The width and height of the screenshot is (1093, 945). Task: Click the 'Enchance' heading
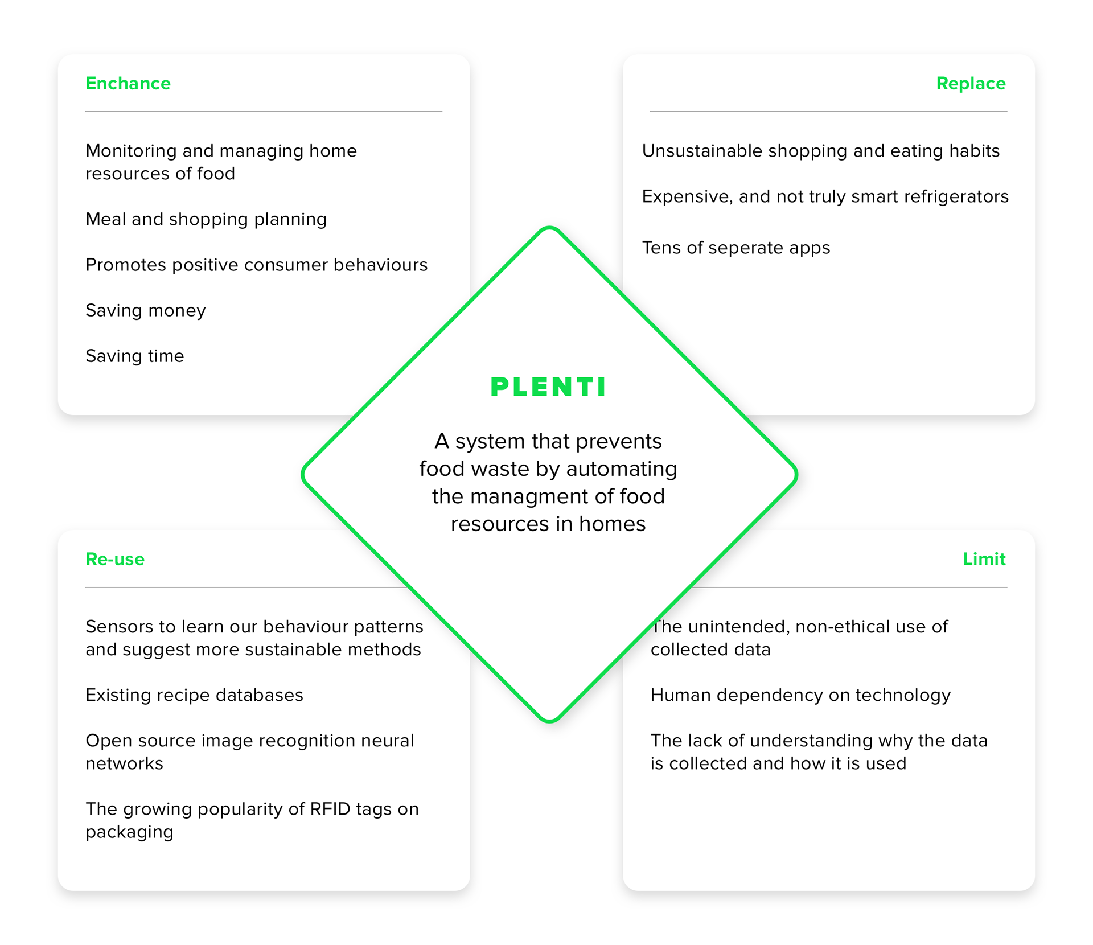(x=128, y=84)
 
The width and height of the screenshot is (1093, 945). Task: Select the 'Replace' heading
(x=971, y=84)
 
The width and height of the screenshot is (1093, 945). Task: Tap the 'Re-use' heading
(x=115, y=559)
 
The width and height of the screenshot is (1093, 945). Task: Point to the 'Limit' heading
(x=984, y=559)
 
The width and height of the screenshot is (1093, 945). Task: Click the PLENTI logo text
(x=549, y=387)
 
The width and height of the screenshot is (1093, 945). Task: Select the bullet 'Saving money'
(x=146, y=311)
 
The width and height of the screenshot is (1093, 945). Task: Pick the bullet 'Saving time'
(x=135, y=356)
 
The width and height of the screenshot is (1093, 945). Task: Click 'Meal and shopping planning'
(x=206, y=220)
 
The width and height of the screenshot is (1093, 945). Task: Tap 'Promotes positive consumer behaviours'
(x=257, y=265)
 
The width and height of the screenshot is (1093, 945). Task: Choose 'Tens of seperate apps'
(x=736, y=248)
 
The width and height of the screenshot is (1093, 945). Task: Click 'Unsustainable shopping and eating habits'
(x=821, y=151)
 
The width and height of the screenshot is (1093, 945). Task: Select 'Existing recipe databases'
(x=195, y=696)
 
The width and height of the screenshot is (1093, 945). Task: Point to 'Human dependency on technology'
(x=800, y=696)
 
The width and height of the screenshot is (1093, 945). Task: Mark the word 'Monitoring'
(x=132, y=151)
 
